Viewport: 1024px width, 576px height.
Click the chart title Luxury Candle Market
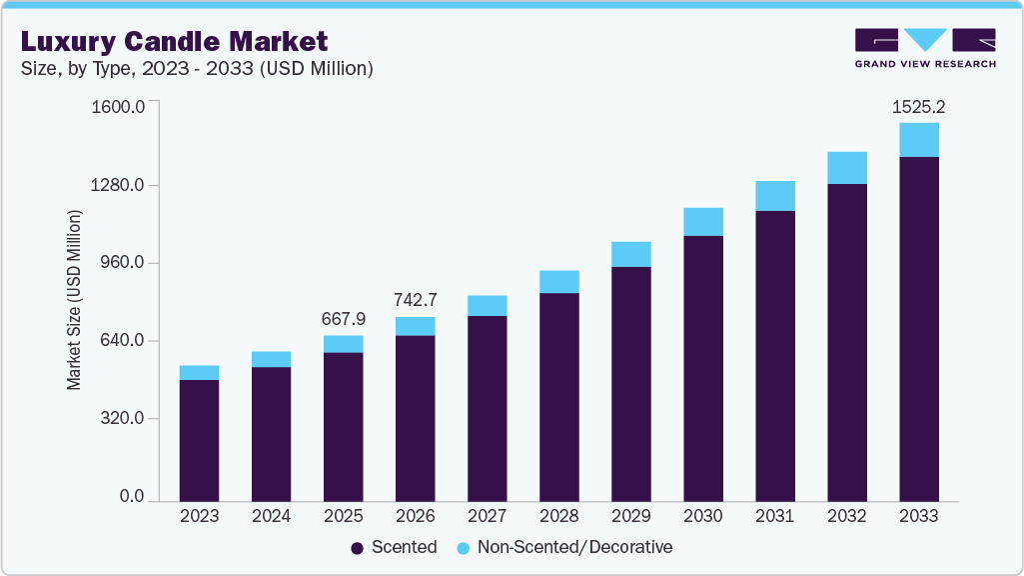(x=175, y=42)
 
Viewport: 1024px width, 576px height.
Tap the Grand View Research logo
(x=924, y=48)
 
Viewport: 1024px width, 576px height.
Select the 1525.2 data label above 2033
(x=918, y=105)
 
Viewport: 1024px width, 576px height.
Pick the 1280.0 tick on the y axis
(x=120, y=185)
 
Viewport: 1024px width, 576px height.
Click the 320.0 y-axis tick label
(x=124, y=418)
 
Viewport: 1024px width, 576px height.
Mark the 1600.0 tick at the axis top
(x=120, y=106)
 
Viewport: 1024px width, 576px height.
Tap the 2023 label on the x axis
(x=199, y=516)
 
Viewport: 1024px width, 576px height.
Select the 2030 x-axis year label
(x=702, y=516)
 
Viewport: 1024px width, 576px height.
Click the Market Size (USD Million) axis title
(x=74, y=300)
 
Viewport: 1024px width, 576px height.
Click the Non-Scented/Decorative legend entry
(x=564, y=547)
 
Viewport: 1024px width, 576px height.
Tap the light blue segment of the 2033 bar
(x=918, y=140)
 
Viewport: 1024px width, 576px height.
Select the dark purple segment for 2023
(x=199, y=440)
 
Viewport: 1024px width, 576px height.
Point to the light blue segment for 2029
(x=630, y=254)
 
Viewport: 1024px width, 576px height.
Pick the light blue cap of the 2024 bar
(x=271, y=359)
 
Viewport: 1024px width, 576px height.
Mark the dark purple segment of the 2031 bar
(x=774, y=355)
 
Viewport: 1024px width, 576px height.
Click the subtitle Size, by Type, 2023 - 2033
(x=197, y=69)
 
